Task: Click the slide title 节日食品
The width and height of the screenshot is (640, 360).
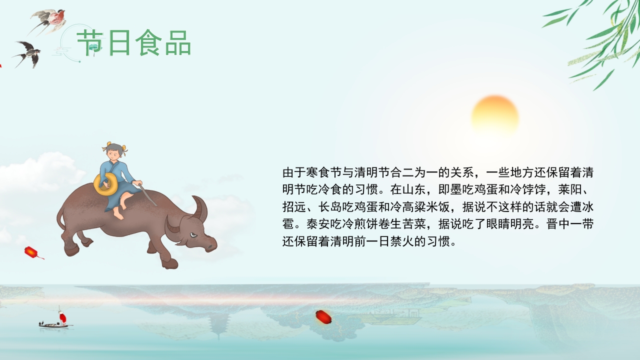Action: point(134,43)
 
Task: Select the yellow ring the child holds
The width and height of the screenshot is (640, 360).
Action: point(106,184)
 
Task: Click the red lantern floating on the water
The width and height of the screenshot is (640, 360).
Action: point(323,316)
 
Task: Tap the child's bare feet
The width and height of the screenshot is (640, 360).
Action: point(118,214)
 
